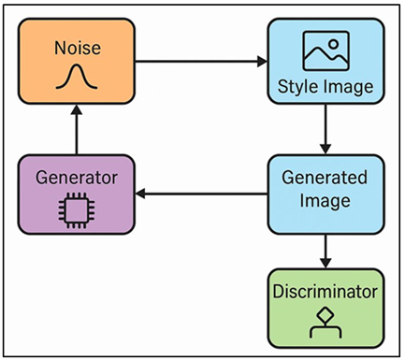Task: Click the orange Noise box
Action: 78,63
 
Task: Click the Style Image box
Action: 325,63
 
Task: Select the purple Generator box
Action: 78,194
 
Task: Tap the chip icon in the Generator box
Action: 78,211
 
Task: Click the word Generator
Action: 78,177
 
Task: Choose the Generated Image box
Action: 325,194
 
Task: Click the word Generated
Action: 325,180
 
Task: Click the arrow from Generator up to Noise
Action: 78,131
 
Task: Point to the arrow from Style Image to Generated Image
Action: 325,131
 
